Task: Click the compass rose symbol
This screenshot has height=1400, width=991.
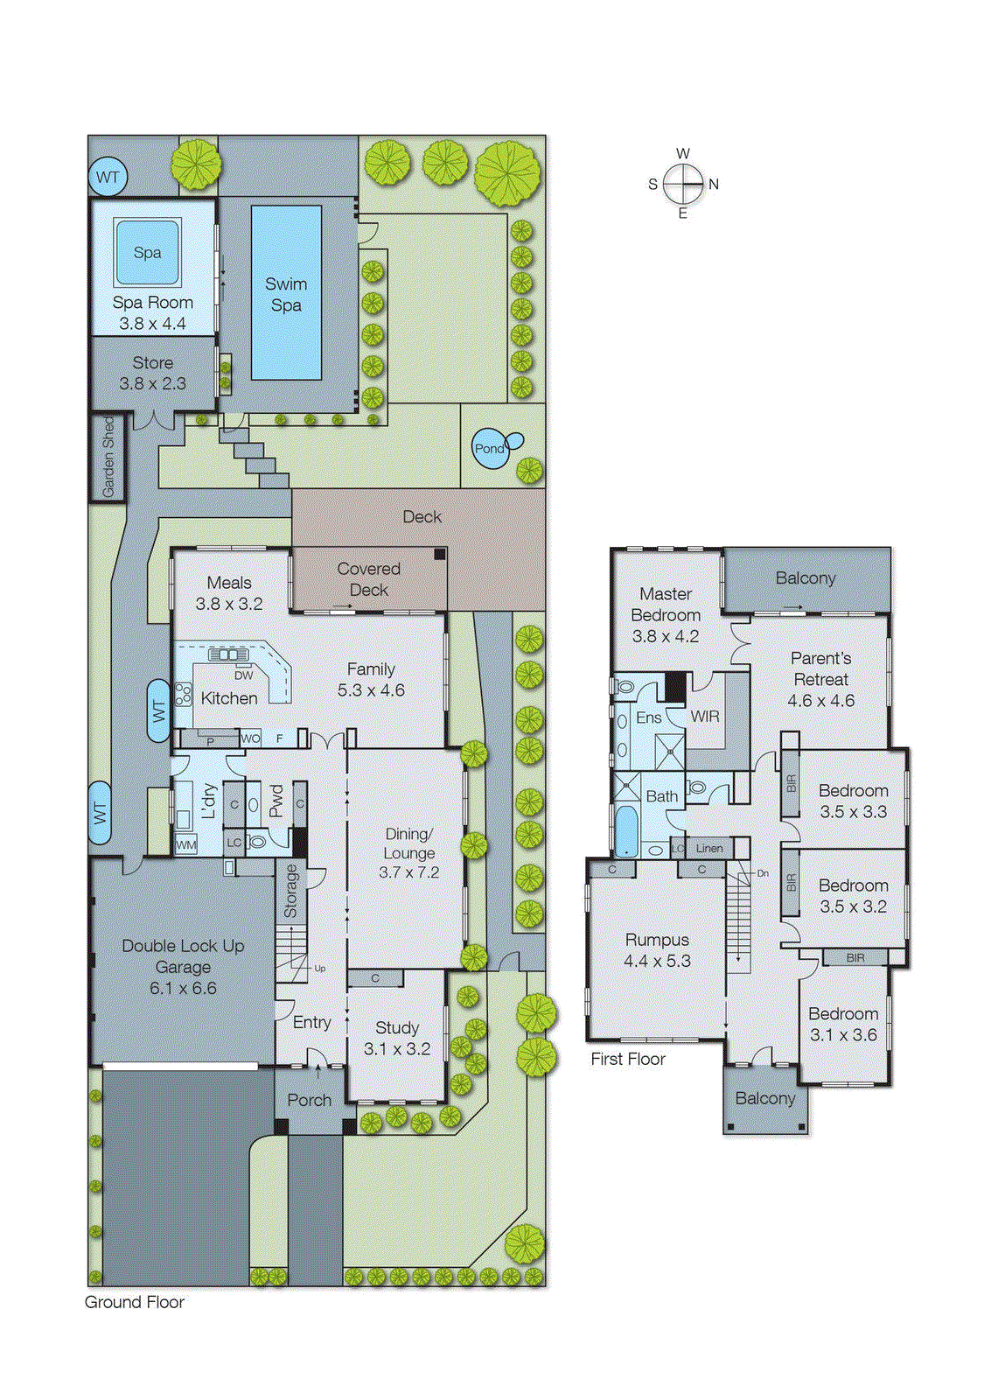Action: point(683,184)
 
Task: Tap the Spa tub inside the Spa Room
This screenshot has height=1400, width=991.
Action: point(147,252)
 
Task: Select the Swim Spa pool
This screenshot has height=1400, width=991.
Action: point(286,293)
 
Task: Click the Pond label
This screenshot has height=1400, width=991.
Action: point(489,448)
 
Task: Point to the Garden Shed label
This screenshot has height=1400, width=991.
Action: point(108,457)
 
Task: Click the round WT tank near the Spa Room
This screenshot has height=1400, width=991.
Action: point(108,177)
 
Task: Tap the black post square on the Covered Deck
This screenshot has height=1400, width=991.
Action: point(440,554)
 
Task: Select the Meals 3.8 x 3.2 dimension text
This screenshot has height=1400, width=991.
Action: point(229,604)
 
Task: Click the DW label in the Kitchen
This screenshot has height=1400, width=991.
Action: point(243,675)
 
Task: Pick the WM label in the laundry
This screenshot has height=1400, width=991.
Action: point(186,845)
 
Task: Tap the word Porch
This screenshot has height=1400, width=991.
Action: point(310,1100)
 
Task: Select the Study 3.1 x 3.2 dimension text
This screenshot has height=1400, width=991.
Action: point(397,1049)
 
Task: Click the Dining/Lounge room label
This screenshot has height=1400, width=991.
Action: point(408,843)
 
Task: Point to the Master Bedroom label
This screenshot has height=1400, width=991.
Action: point(666,604)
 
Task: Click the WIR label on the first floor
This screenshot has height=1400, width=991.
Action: point(705,717)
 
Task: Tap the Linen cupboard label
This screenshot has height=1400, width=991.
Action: point(709,848)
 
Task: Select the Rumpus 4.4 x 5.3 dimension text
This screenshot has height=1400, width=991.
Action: point(657,961)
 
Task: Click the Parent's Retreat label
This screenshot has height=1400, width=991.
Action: point(820,668)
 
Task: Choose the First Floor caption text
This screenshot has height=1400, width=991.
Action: point(628,1059)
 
